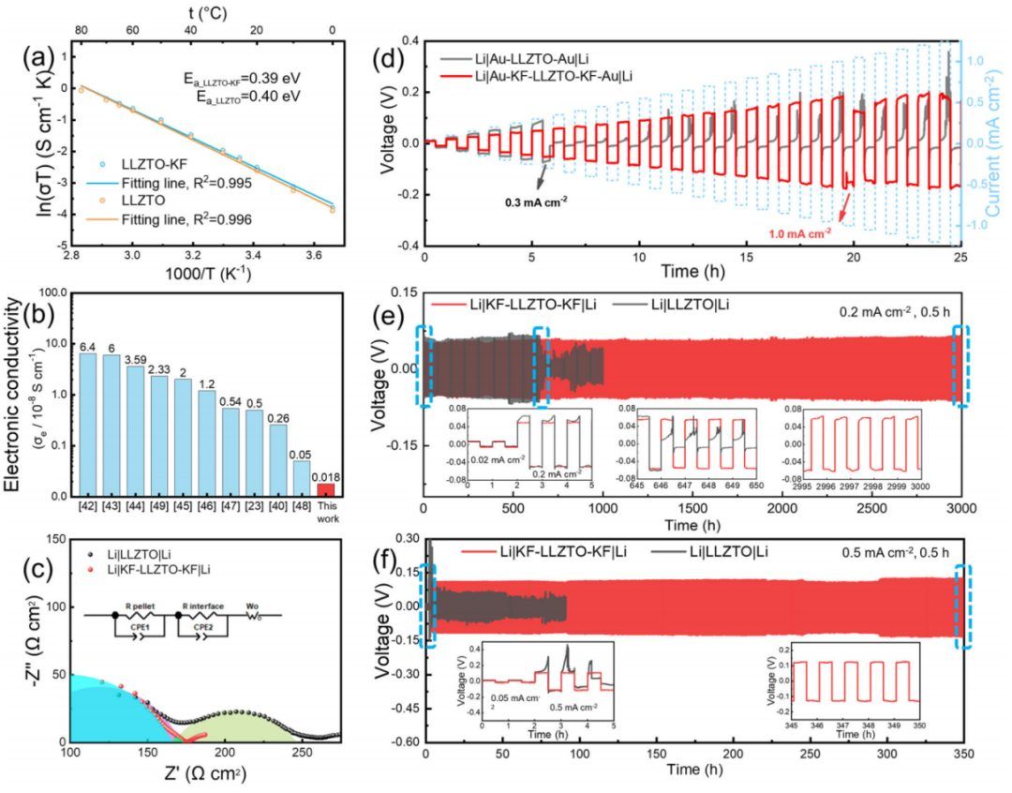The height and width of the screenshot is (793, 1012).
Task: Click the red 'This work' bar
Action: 325,489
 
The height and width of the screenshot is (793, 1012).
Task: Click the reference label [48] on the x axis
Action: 301,507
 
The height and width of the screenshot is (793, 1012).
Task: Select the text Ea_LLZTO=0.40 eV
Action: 242,97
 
